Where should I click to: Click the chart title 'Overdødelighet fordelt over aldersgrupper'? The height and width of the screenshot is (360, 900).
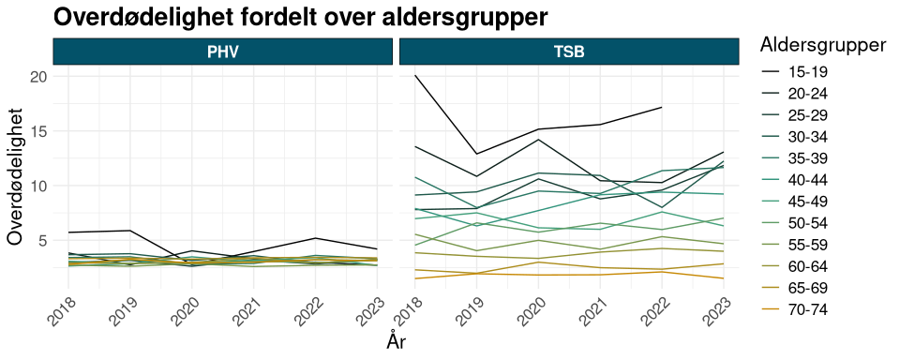300,17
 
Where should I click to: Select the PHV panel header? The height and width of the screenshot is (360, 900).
222,52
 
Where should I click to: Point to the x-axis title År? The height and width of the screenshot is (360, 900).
396,342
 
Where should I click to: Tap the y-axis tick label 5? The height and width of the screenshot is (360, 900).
40,240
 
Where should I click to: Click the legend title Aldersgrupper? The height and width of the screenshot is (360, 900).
824,44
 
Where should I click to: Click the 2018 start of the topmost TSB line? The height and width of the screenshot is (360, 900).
415,75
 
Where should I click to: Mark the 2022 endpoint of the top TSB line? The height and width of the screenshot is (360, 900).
662,107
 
